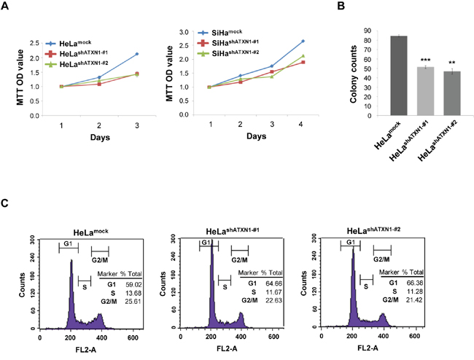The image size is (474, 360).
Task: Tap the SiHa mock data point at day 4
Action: pyautogui.click(x=302, y=41)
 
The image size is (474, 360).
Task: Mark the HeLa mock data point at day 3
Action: pyautogui.click(x=136, y=54)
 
